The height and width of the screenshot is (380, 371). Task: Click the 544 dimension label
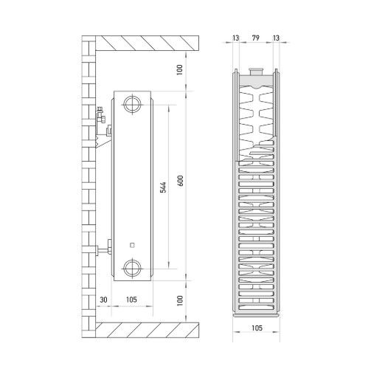coord(163,187)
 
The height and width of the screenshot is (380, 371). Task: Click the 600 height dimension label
coord(180,181)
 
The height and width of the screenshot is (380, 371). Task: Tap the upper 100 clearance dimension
coord(180,70)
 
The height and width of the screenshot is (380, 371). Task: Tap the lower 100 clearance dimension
coord(180,300)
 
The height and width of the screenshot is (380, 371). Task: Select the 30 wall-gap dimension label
coord(103,300)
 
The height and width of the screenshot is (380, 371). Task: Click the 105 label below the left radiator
coord(131,300)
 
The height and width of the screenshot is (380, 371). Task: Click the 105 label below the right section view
coord(257,328)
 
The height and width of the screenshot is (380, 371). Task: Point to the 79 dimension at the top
coord(256,38)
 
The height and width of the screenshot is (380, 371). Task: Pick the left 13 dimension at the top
coord(235,38)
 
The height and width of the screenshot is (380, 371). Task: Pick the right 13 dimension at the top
coord(276,38)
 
